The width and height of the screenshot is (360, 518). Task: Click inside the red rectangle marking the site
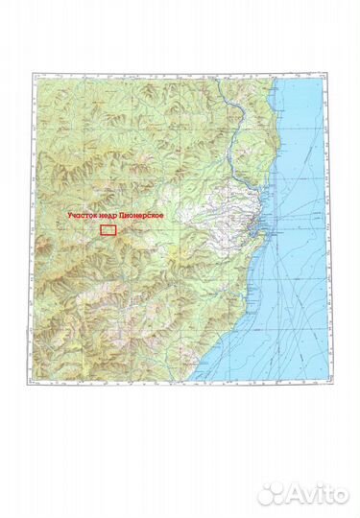[108, 228]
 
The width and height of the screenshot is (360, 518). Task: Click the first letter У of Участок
[68, 216]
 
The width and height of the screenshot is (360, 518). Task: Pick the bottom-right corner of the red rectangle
[116, 234]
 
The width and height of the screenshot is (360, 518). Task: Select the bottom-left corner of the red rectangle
[102, 234]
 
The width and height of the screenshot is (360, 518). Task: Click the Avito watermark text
[321, 493]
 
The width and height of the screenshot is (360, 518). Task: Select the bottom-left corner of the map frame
[31, 382]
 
